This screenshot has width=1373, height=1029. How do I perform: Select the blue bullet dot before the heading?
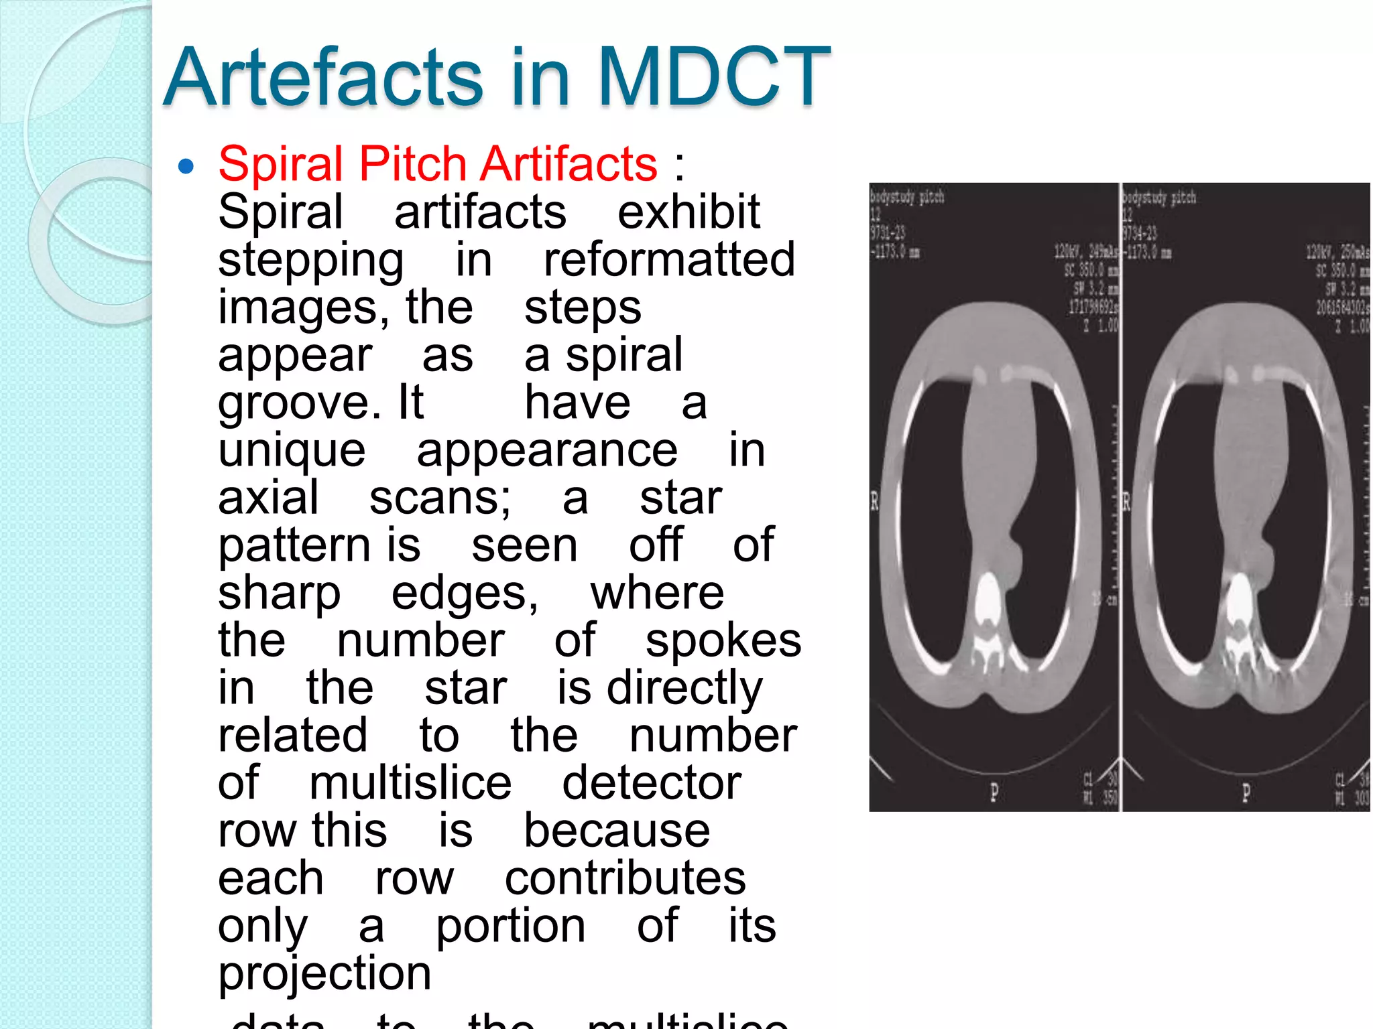[x=186, y=165]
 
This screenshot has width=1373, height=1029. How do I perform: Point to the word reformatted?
[x=669, y=260]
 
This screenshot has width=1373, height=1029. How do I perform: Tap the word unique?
[x=292, y=451]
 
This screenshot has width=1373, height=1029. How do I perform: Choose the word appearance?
[x=547, y=451]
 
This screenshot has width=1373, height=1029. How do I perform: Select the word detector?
[x=652, y=783]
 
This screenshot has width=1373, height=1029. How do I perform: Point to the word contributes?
[x=625, y=878]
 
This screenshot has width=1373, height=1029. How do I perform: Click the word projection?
[x=324, y=973]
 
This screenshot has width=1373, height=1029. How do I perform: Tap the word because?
[x=617, y=831]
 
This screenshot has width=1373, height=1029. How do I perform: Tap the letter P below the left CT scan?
[x=994, y=793]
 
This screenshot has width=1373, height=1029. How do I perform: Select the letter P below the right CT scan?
[x=1246, y=793]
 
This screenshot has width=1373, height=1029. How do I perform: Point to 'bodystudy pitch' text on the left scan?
[x=907, y=197]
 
